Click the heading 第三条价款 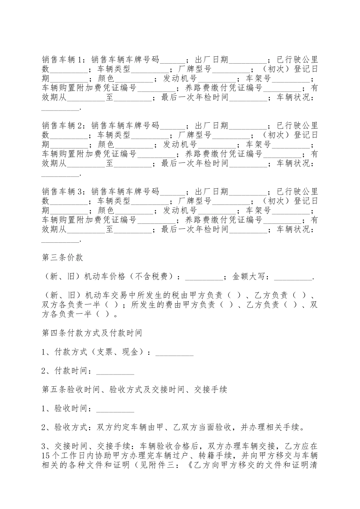[x=62, y=258]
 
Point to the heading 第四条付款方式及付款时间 [x=92, y=333]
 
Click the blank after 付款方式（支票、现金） [x=175, y=353]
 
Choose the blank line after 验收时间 [x=115, y=409]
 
